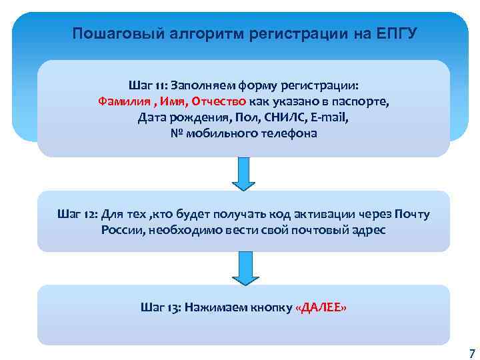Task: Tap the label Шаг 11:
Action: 147,85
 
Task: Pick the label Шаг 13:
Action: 161,308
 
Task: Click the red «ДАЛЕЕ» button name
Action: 321,308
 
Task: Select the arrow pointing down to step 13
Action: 243,267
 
